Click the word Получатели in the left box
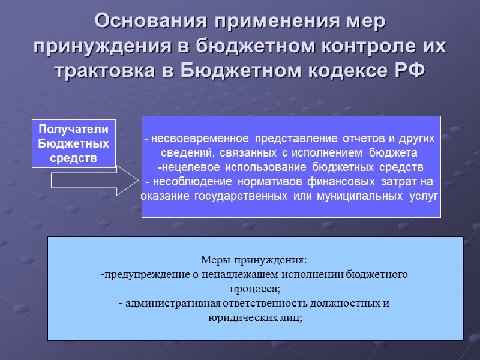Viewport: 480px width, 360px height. coord(74,128)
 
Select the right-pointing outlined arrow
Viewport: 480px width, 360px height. coord(93,181)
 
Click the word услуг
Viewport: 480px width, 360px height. coord(424,196)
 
